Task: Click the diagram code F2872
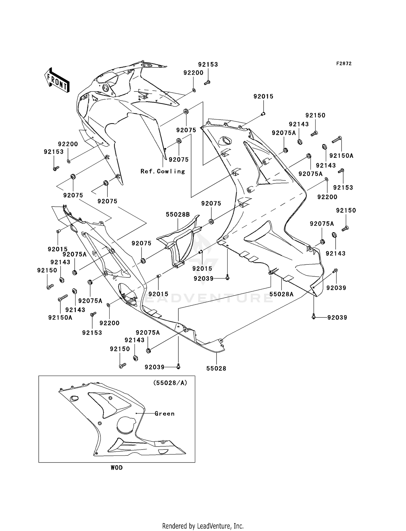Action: coord(344,64)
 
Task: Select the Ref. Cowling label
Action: coord(163,171)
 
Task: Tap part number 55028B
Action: coord(178,215)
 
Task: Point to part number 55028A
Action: coord(281,294)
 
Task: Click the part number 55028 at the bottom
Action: coord(216,368)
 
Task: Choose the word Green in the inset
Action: coord(165,414)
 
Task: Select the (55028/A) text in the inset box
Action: coord(170,383)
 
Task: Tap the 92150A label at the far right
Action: coord(341,156)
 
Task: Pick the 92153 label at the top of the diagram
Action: coord(208,64)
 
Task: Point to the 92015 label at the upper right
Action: coord(263,96)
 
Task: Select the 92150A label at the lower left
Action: coord(60,318)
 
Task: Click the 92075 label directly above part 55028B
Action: coord(211,203)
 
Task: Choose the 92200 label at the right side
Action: coord(327,197)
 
